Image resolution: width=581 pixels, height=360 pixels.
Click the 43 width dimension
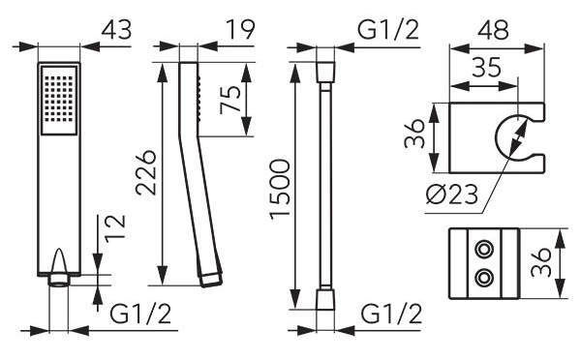(x=117, y=30)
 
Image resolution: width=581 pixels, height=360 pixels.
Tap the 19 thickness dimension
(x=241, y=29)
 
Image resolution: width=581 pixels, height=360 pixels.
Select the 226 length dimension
(x=145, y=172)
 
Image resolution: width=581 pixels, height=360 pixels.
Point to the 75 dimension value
(x=229, y=100)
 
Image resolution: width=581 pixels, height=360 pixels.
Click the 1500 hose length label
(x=280, y=190)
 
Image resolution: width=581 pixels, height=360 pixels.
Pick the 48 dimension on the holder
(x=493, y=29)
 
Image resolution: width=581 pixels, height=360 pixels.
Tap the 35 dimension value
(x=486, y=67)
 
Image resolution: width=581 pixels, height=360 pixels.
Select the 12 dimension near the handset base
(x=115, y=228)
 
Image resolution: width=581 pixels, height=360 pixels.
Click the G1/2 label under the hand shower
(x=140, y=315)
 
